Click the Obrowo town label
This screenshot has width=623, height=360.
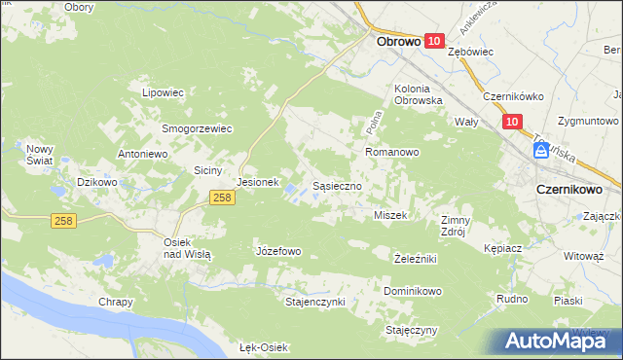[x=398, y=42]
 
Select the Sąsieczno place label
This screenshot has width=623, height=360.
[x=338, y=184]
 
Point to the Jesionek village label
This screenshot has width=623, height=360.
[x=258, y=182]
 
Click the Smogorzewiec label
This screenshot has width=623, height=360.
[x=197, y=127]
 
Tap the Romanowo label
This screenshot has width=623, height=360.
[x=391, y=153]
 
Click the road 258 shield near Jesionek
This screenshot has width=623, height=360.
[x=222, y=198]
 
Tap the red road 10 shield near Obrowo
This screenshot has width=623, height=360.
[x=434, y=41]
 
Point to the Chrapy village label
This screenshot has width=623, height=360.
[x=115, y=302]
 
